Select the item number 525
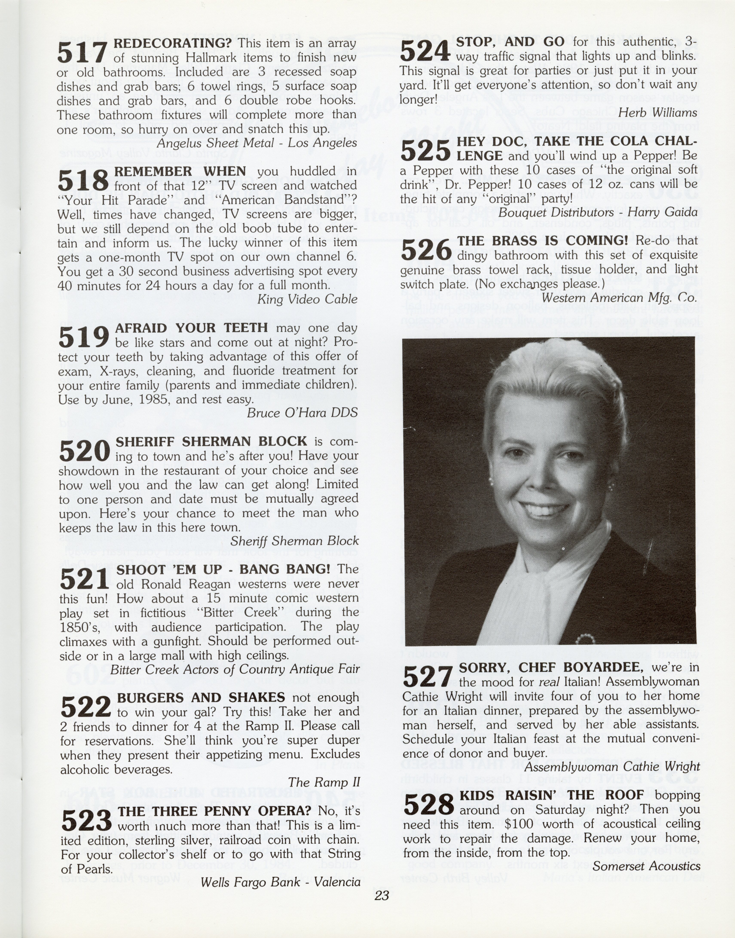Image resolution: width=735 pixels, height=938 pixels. point(425,150)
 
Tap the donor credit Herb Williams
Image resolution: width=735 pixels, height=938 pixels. point(657,113)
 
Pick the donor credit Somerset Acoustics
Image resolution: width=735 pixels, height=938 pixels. point(646,866)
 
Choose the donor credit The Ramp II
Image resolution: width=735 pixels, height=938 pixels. point(324,782)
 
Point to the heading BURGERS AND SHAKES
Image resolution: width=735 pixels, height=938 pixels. point(200,697)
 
